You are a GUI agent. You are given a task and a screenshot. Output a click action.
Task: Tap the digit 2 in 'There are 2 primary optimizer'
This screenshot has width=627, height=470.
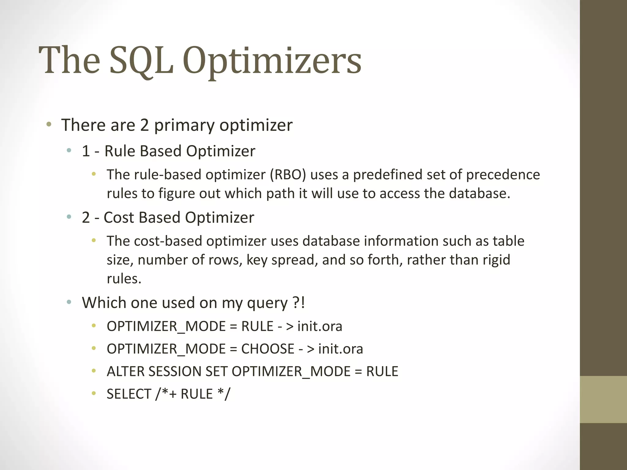(x=144, y=125)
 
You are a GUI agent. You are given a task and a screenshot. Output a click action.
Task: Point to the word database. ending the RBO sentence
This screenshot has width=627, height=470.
(x=479, y=193)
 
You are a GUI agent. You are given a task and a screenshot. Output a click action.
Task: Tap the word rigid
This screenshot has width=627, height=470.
(x=496, y=260)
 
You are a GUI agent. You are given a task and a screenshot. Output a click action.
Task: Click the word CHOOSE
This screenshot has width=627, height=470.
(x=268, y=349)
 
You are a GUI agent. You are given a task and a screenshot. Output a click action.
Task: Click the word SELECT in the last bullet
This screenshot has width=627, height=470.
(x=129, y=394)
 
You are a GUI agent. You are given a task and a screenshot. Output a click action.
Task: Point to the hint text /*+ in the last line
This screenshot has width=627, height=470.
(x=166, y=394)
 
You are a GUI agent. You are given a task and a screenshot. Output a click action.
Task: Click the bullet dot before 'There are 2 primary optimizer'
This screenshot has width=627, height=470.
(x=49, y=125)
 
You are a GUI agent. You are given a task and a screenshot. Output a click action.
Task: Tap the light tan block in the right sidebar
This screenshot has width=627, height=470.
(x=603, y=399)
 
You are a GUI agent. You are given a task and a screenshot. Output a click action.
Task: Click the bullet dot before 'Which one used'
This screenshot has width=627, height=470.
(x=69, y=302)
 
